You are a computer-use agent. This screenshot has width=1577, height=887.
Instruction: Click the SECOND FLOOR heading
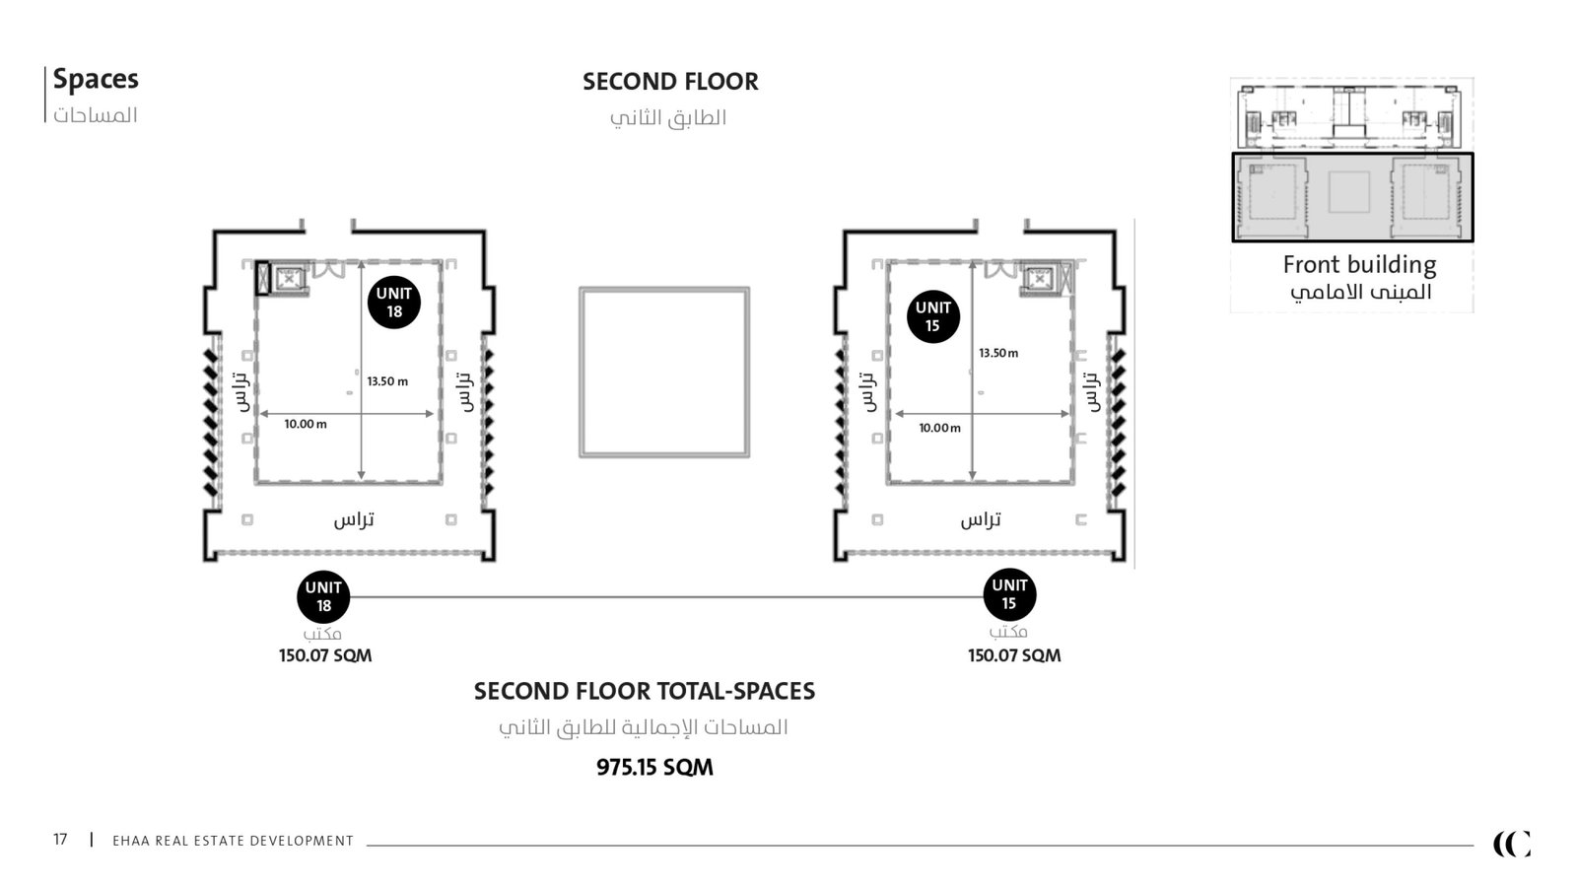670,82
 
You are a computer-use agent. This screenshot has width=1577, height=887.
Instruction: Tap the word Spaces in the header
95,79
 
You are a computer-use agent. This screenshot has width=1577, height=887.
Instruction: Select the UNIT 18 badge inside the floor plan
394,302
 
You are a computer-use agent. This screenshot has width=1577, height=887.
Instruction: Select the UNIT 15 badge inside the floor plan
932,316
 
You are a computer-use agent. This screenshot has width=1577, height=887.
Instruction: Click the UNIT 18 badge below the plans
323,596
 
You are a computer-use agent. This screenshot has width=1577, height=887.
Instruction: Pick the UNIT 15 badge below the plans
1009,594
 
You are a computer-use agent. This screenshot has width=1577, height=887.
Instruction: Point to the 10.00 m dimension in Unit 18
306,424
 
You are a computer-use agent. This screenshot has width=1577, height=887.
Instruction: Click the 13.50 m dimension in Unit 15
998,353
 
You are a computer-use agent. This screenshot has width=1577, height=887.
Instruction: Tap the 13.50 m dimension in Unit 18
387,381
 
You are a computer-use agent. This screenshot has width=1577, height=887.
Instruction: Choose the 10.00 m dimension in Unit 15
940,428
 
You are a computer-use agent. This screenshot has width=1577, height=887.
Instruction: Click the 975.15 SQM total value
654,767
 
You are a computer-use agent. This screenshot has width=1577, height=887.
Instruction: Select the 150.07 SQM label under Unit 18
325,655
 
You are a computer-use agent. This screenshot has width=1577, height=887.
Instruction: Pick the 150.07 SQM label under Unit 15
1014,655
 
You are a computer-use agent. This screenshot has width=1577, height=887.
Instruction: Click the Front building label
1359,265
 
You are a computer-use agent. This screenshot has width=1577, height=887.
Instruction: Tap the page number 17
60,839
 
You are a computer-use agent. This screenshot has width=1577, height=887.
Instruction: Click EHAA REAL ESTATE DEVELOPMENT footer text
233,841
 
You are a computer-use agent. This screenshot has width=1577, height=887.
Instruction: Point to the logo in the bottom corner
1512,844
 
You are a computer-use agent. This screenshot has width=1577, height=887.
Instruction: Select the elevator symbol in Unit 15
1039,279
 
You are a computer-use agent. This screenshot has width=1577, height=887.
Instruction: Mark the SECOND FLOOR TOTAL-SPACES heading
645,691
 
